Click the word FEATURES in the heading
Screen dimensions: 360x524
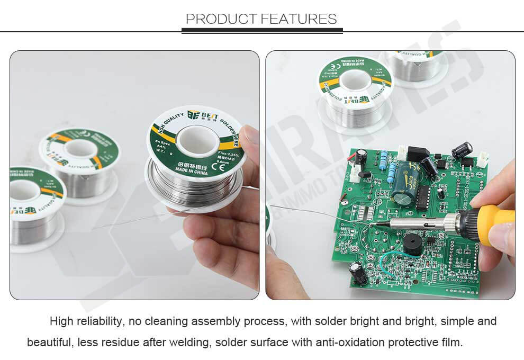pos(299,19)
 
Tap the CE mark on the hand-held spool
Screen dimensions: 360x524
pos(217,168)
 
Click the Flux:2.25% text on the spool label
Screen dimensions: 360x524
pos(228,155)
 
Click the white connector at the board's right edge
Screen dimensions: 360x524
pos(482,158)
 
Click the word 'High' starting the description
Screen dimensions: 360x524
pos(62,321)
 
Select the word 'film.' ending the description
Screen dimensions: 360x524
pos(451,343)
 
